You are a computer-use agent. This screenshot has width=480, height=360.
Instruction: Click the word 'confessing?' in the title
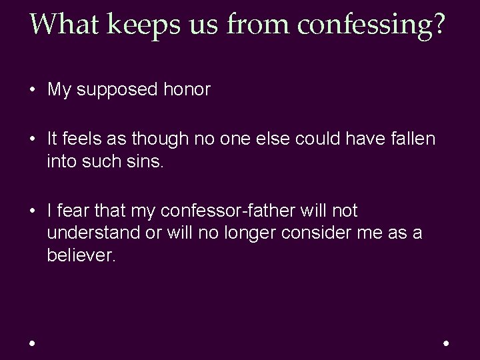(x=372, y=25)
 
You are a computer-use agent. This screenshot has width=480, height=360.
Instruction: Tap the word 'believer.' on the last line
(x=81, y=256)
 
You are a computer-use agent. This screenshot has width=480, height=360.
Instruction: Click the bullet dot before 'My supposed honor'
(x=32, y=91)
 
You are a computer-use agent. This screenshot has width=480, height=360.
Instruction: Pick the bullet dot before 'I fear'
(x=32, y=212)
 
